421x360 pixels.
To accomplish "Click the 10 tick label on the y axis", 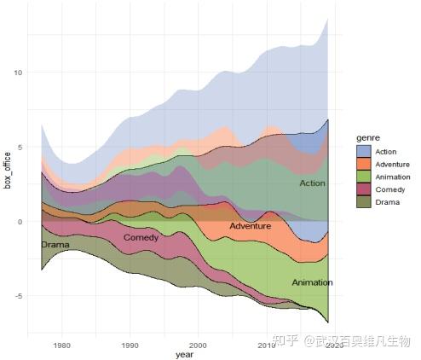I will pos(17,73).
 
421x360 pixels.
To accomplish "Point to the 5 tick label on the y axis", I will pos(20,148).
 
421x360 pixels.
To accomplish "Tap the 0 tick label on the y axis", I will pos(20,222).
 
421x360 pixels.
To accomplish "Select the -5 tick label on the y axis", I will pos(17,296).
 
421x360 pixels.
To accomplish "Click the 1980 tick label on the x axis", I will pos(61,345).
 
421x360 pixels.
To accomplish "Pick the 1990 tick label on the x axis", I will pos(130,345).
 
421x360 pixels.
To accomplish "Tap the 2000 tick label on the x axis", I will pos(198,345).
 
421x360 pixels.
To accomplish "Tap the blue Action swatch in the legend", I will pos(364,152).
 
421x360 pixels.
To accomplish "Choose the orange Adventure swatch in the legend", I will pos(364,165).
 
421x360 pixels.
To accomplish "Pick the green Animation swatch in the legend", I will pos(364,177).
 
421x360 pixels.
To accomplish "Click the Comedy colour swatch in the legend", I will pos(364,189).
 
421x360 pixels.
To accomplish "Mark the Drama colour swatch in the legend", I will pos(364,202).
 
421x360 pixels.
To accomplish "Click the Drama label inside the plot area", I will pos(55,246).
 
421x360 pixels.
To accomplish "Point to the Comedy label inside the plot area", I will pos(141,238).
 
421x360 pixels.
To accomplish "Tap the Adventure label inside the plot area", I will pos(250,227).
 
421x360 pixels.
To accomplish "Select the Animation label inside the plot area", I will pos(312,282).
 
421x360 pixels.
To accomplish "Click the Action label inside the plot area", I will pos(313,184).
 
